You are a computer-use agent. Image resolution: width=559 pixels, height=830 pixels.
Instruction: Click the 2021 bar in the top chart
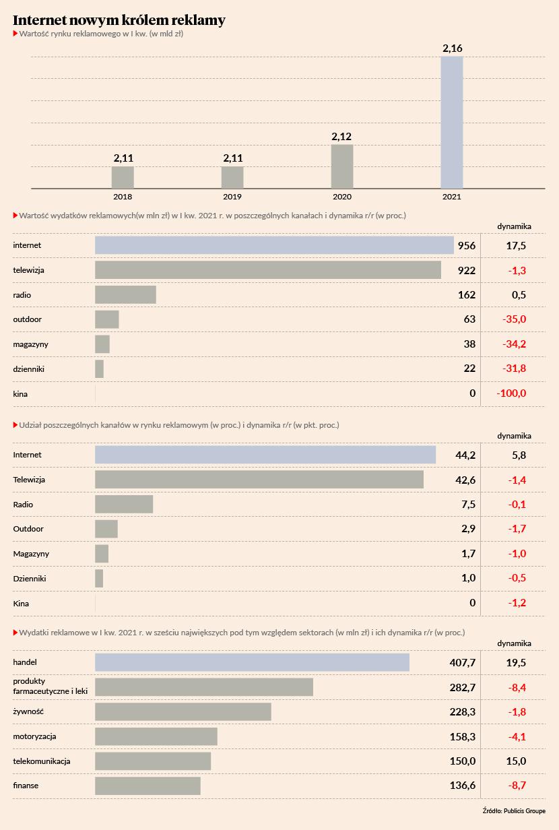tap(452, 122)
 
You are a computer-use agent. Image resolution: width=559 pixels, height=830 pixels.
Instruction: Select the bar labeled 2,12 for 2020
tap(342, 166)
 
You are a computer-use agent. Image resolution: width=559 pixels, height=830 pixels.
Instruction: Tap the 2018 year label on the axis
tap(123, 197)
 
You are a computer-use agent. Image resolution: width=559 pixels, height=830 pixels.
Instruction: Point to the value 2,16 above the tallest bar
tap(452, 49)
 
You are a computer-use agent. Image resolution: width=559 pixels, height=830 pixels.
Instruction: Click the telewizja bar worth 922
tap(268, 270)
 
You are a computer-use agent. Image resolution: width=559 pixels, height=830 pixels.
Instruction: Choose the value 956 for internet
tap(466, 246)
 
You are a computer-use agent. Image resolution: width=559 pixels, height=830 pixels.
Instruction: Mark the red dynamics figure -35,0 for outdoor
tap(514, 319)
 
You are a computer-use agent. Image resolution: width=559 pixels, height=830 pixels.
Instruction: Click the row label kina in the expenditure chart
tap(20, 393)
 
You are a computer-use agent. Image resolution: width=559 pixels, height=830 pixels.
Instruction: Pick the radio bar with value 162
tap(125, 295)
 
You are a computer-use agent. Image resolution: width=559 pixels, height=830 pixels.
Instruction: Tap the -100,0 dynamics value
tap(511, 393)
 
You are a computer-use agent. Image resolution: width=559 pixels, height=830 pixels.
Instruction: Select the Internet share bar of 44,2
tap(265, 455)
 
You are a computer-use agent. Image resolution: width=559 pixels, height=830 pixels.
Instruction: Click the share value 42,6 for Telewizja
tap(465, 480)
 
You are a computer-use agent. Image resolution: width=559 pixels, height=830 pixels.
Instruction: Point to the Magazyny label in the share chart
tap(31, 554)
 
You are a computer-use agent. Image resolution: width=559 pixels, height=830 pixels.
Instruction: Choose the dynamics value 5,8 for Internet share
tap(519, 455)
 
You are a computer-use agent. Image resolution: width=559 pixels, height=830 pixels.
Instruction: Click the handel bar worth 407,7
tap(252, 662)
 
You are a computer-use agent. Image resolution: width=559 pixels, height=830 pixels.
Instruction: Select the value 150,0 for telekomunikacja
tap(462, 761)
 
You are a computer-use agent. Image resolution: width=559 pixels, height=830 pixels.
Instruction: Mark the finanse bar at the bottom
tap(147, 786)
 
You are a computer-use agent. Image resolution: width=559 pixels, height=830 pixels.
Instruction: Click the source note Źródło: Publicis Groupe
tap(514, 811)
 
